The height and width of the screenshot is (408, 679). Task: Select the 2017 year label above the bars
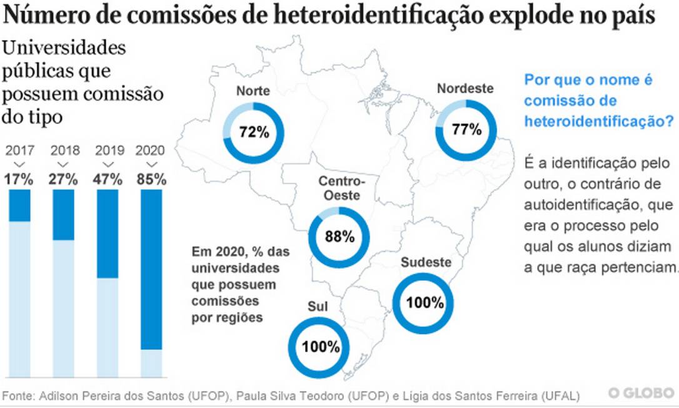click(19, 151)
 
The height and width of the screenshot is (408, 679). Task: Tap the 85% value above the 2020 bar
click(151, 179)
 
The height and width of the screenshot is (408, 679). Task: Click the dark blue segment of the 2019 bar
click(108, 233)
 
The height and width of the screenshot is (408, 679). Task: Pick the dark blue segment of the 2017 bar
click(19, 205)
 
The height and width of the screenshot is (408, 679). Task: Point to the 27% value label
click(63, 179)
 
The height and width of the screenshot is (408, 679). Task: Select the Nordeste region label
click(465, 89)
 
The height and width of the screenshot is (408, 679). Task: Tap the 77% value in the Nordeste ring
click(466, 130)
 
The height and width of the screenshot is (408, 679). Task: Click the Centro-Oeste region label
click(341, 188)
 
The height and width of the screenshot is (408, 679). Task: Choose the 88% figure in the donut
click(340, 237)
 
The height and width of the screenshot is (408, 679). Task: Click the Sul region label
click(318, 307)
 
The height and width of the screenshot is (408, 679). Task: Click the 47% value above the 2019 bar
click(108, 179)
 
